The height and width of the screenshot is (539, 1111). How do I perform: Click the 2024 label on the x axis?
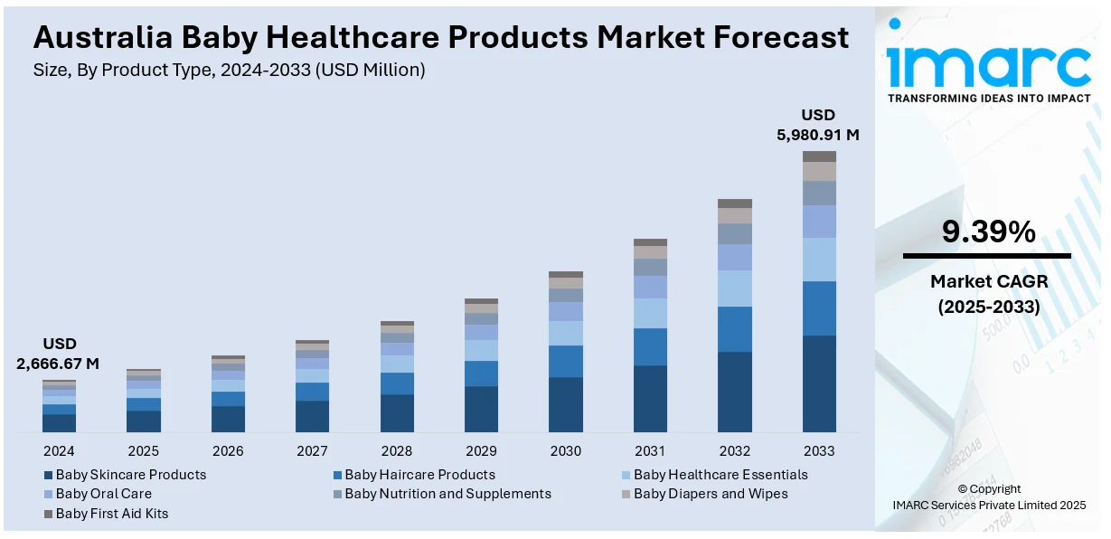pyautogui.click(x=59, y=450)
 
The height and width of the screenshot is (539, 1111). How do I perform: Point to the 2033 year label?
pyautogui.click(x=819, y=450)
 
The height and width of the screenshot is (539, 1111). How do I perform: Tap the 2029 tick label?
pyautogui.click(x=481, y=450)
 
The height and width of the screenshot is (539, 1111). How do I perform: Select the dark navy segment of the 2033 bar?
pyautogui.click(x=819, y=383)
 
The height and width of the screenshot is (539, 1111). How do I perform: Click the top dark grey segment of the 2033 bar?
pyautogui.click(x=819, y=156)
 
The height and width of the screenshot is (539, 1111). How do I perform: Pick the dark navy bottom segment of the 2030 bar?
pyautogui.click(x=566, y=404)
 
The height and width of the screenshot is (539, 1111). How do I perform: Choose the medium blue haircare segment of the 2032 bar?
pyautogui.click(x=735, y=329)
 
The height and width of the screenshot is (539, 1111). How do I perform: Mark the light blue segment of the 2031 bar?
pyautogui.click(x=650, y=313)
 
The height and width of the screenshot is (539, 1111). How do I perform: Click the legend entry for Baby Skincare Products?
pyautogui.click(x=130, y=475)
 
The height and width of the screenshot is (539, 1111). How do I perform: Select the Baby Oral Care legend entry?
pyautogui.click(x=103, y=494)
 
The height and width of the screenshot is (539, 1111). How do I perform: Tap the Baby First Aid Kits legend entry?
pyautogui.click(x=111, y=514)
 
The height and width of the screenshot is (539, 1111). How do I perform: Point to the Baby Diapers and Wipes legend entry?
pyautogui.click(x=710, y=494)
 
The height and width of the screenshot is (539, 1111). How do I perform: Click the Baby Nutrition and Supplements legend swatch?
pyautogui.click(x=337, y=495)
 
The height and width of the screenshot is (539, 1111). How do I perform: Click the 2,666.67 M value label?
pyautogui.click(x=58, y=364)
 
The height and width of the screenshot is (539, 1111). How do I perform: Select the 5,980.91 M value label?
pyautogui.click(x=818, y=135)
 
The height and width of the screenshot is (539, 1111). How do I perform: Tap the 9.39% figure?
pyautogui.click(x=988, y=233)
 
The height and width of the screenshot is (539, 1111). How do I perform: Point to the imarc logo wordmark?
pyautogui.click(x=988, y=63)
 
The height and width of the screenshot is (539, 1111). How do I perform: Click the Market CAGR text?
pyautogui.click(x=988, y=282)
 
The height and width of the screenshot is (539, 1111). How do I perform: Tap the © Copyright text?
pyautogui.click(x=989, y=489)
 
